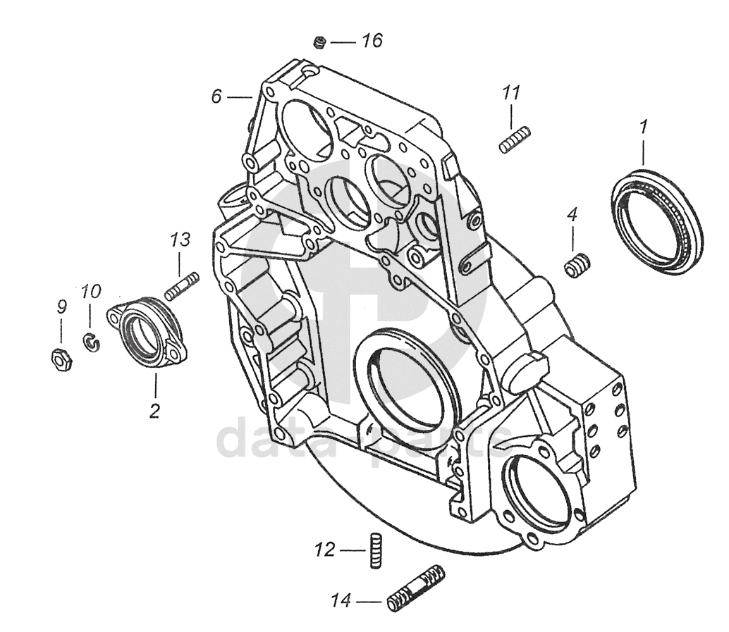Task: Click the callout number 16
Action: click(x=372, y=41)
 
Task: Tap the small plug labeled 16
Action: click(x=319, y=43)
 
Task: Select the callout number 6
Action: click(x=216, y=97)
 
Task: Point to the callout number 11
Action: click(x=511, y=94)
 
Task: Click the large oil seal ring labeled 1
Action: click(x=657, y=223)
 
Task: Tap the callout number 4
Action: click(x=572, y=215)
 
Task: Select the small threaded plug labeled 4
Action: click(x=577, y=266)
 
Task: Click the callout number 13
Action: click(x=180, y=240)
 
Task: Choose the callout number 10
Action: click(x=91, y=292)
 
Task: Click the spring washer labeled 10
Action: click(x=92, y=344)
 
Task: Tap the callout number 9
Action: click(x=61, y=306)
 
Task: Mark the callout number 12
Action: click(x=325, y=550)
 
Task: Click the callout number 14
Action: click(x=341, y=601)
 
